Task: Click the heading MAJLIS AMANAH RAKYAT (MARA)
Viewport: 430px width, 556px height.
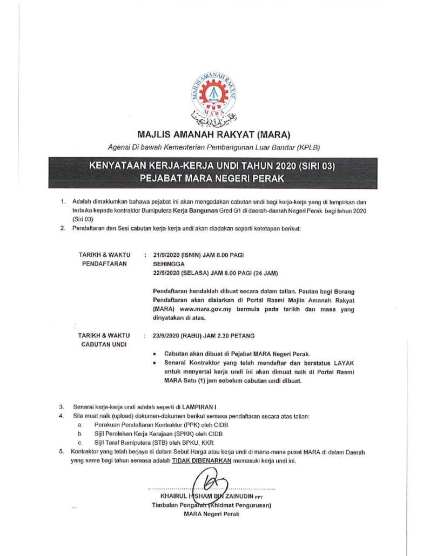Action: pyautogui.click(x=214, y=134)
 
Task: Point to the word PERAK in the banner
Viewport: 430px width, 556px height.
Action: pyautogui.click(x=272, y=178)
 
